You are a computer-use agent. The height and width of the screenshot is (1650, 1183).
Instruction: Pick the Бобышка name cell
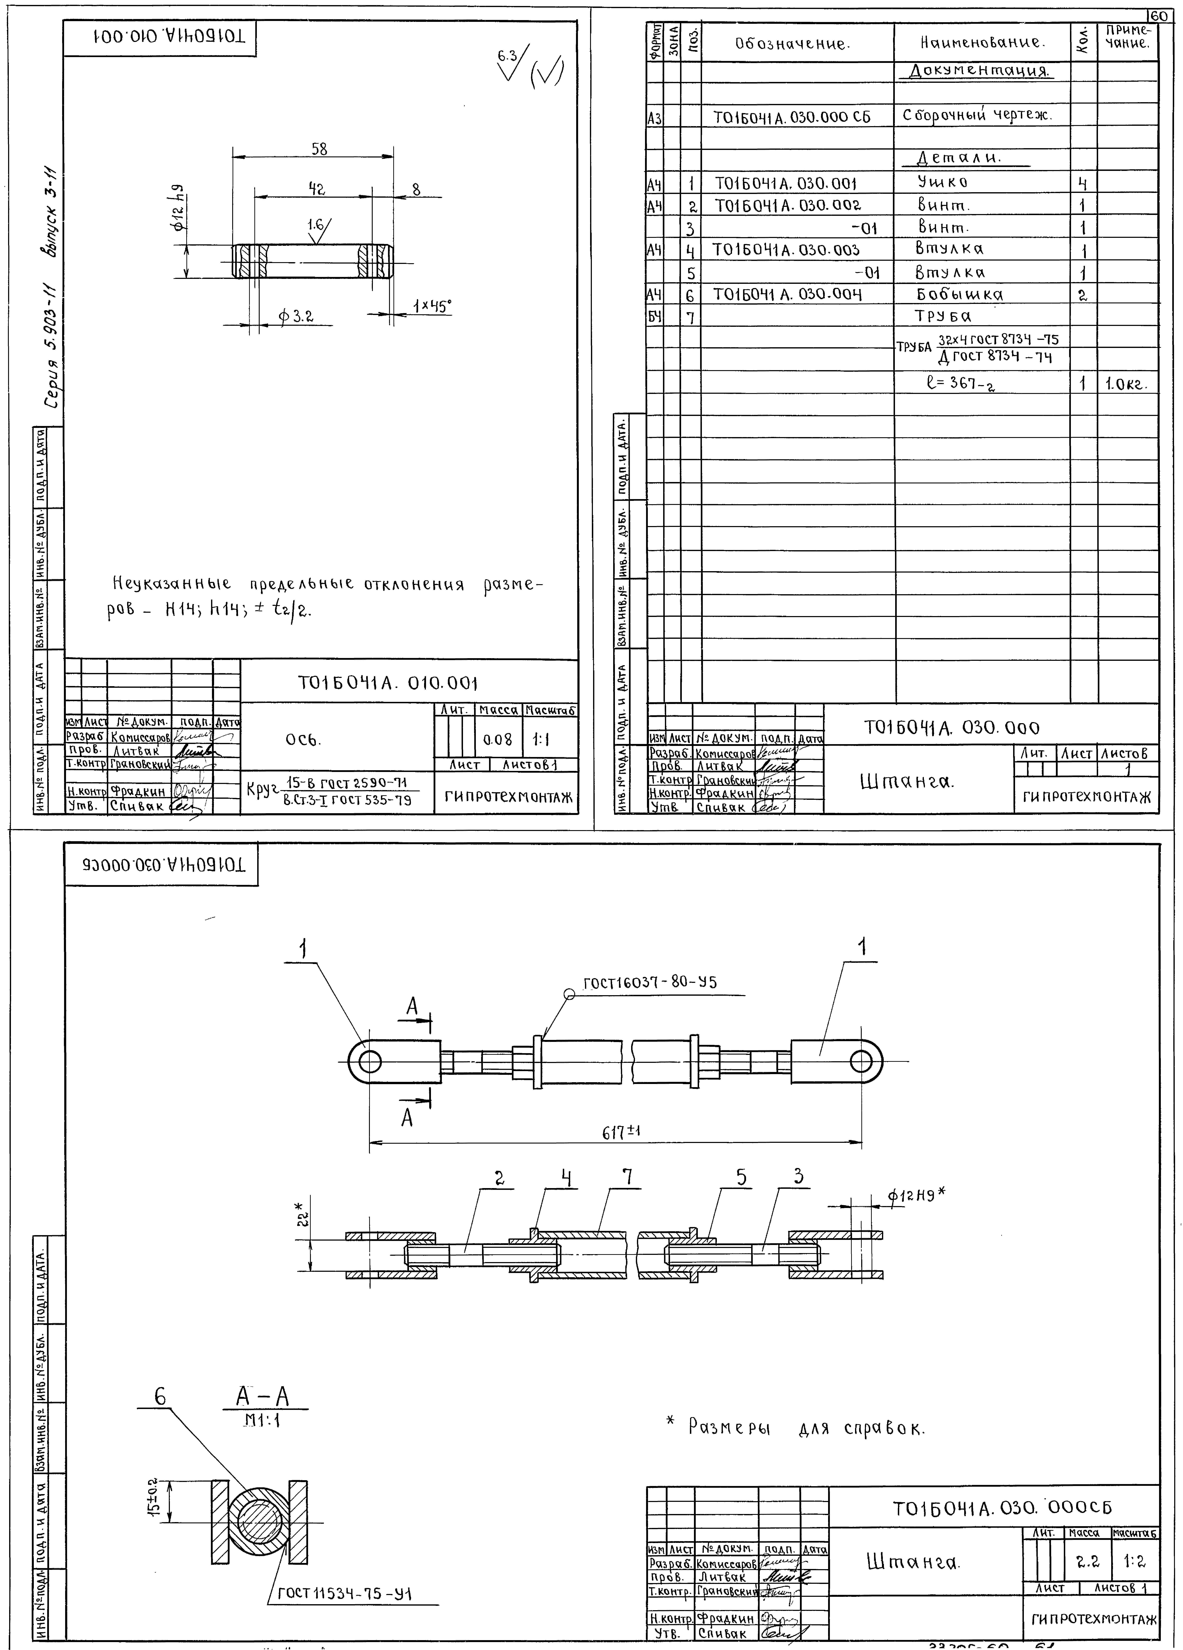(959, 295)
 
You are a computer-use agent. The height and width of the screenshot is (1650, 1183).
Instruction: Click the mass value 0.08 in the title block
(497, 740)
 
